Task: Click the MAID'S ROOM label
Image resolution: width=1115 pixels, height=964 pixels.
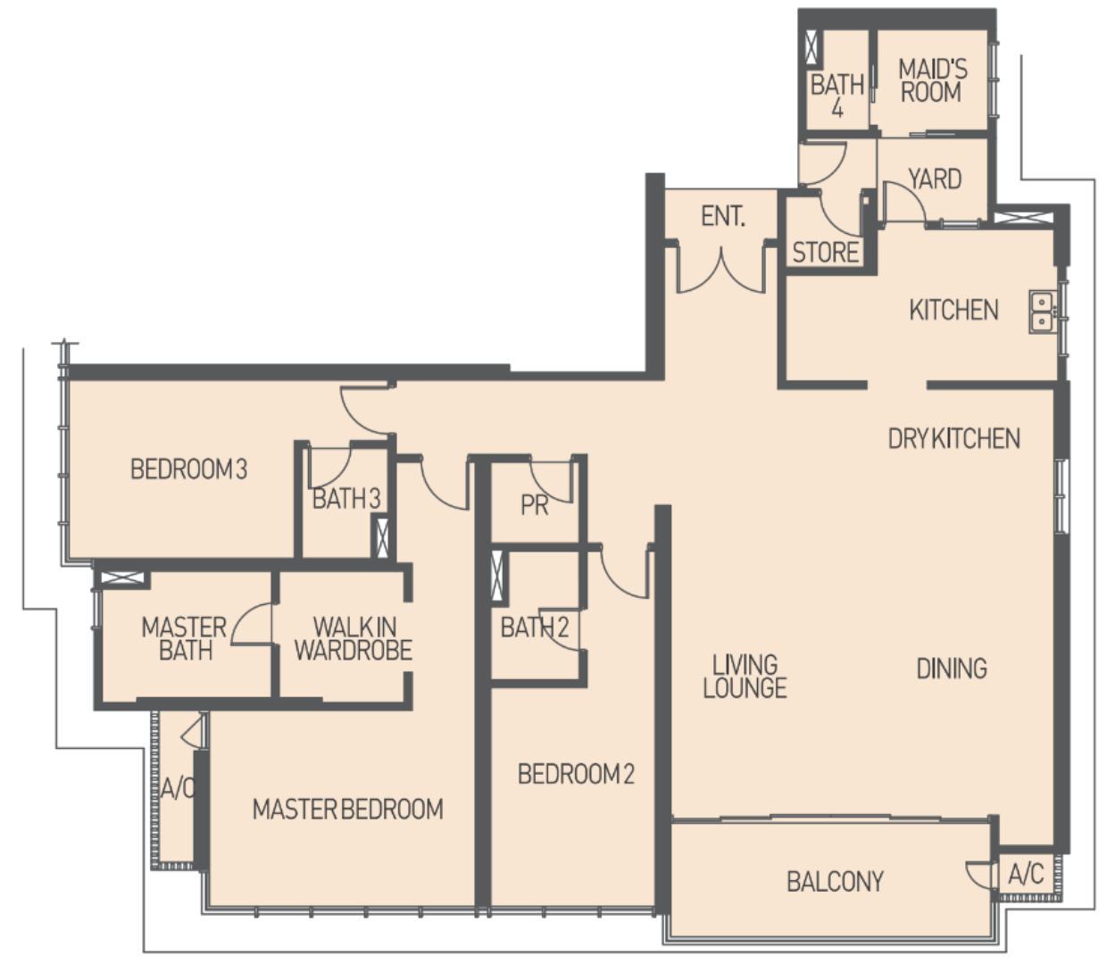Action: point(933,80)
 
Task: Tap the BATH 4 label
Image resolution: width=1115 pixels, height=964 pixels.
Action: point(837,96)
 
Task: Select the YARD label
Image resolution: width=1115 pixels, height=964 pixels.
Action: point(935,179)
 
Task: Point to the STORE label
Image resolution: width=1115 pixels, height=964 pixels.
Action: point(826,253)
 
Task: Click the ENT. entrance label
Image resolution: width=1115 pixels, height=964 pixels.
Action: point(723,216)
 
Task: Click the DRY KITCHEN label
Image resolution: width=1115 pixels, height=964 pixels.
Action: point(953,438)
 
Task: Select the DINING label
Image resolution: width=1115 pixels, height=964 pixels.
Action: point(953,669)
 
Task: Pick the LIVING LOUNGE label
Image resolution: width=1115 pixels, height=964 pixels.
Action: point(745,677)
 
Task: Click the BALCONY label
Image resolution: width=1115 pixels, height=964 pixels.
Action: point(835,882)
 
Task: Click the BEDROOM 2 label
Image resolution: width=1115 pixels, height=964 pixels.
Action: point(576,774)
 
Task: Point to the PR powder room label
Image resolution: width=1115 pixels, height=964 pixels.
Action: point(535,505)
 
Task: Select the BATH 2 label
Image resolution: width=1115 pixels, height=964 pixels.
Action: point(535,627)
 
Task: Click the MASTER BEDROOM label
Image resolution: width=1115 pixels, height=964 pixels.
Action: point(348,810)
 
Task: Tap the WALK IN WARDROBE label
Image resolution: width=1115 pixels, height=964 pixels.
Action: point(354,639)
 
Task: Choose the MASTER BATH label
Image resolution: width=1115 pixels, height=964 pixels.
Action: point(184,639)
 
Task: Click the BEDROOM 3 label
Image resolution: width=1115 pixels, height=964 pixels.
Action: point(188,469)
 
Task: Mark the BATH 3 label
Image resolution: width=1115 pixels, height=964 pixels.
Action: point(346,498)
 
